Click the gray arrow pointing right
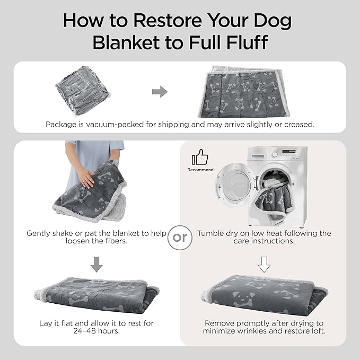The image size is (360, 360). coord(160,92)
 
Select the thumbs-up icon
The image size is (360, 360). coord(200,157)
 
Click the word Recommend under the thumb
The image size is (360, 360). coord(200,170)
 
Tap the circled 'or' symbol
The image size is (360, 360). coord(180,238)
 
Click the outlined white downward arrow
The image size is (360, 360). coord(264,264)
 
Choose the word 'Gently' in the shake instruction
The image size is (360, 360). coord(40,233)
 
